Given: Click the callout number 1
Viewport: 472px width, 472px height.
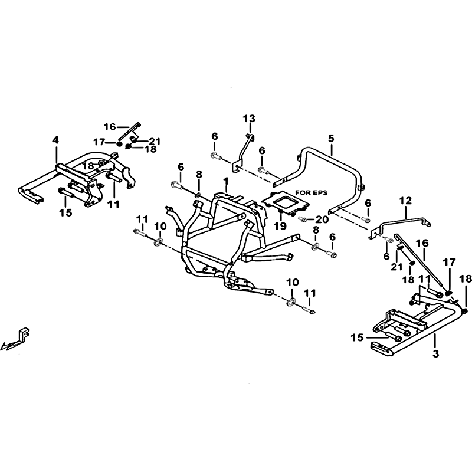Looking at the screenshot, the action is [225, 182].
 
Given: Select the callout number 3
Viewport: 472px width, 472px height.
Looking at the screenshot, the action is [436, 353].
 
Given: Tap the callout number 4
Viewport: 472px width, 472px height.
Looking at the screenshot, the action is [55, 140].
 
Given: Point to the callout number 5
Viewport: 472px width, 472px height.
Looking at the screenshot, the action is [331, 139].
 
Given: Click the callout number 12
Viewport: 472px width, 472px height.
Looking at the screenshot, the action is [405, 201].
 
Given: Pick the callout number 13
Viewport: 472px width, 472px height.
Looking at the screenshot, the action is [249, 119].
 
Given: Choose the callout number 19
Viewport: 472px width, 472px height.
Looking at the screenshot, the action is [281, 225].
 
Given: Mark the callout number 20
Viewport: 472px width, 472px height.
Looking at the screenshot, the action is [322, 219].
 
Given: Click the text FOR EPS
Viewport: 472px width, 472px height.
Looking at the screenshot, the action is [312, 192].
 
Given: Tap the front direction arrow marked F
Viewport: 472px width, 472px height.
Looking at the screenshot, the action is [16, 340].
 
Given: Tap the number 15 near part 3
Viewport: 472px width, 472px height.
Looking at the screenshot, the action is [357, 337].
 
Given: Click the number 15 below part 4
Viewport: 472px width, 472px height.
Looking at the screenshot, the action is [65, 212].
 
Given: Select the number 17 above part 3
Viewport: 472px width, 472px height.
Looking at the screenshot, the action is [449, 263].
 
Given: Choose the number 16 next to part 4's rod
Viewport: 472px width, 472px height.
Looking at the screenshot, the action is [110, 127].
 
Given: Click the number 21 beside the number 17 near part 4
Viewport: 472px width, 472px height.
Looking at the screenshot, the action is [155, 141].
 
